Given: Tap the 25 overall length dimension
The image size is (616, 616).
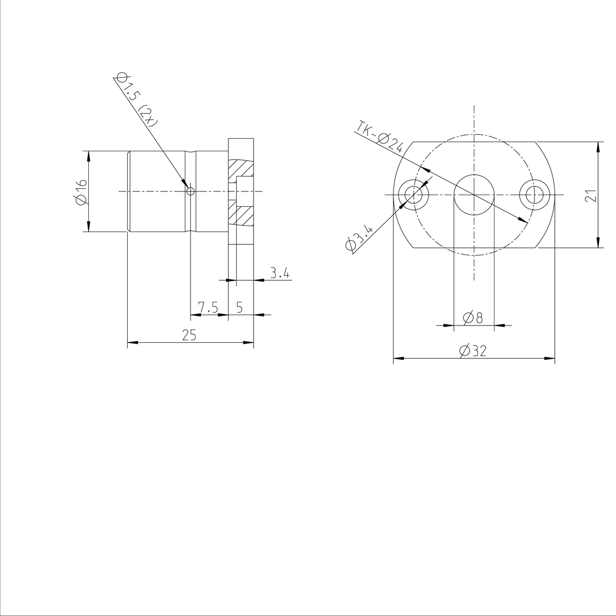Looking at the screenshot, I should [189, 335].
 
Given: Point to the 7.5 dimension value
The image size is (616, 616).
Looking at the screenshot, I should [208, 307].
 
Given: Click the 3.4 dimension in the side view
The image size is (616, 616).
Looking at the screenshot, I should [280, 273].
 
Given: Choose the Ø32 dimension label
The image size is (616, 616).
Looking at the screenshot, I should [473, 351].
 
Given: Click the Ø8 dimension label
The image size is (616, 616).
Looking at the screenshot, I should [473, 318].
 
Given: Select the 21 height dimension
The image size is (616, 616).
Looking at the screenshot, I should [591, 196].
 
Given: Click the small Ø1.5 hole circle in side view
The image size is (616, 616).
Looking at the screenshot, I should [190, 191].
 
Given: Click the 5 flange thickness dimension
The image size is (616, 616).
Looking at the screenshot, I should [239, 307].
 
